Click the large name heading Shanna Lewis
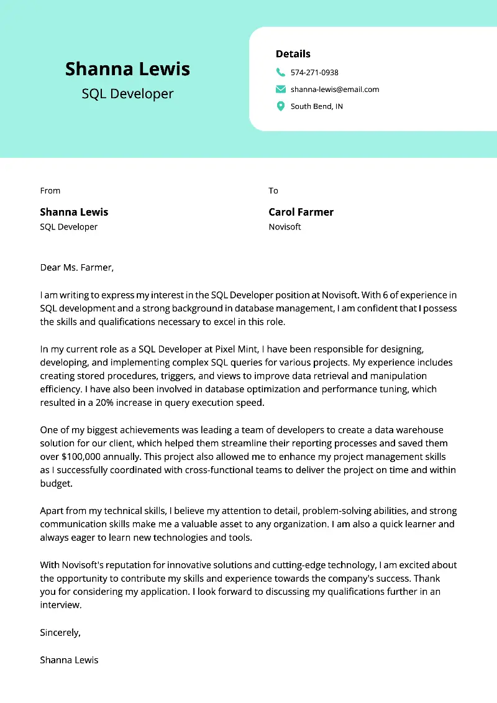tap(127, 68)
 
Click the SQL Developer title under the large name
tap(127, 94)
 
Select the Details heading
tap(293, 54)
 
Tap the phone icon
tap(281, 72)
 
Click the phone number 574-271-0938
tap(314, 73)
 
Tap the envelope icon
tap(281, 90)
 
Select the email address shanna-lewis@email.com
tap(335, 90)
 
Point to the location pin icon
tap(281, 106)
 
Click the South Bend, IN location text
tap(317, 107)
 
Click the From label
tap(50, 191)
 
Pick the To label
tap(273, 191)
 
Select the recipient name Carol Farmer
tap(301, 212)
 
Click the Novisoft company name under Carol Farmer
tap(285, 227)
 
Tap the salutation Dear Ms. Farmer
tap(77, 268)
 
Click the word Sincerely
tap(60, 633)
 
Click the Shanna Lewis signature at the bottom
tap(69, 660)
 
